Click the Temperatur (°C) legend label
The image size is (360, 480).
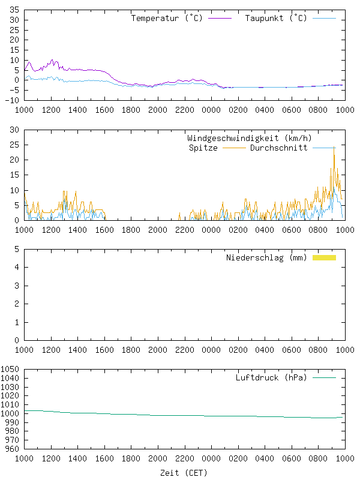(x=167, y=18)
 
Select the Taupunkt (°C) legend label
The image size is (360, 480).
(x=276, y=18)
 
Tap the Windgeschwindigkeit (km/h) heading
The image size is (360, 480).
(x=250, y=139)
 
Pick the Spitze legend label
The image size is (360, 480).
(x=203, y=148)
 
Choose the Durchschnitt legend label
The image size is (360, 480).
(x=278, y=148)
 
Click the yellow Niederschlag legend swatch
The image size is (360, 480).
(x=324, y=257)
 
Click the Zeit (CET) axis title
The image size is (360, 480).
(x=184, y=473)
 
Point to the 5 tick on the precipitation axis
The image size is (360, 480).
(x=17, y=249)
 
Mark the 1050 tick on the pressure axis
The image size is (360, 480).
(x=10, y=369)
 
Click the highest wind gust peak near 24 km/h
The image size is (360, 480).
(x=334, y=146)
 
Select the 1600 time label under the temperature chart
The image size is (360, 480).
(x=104, y=110)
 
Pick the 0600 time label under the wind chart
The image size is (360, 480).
(x=292, y=230)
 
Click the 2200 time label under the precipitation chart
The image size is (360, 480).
(x=185, y=350)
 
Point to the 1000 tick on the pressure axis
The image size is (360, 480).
(x=10, y=413)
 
